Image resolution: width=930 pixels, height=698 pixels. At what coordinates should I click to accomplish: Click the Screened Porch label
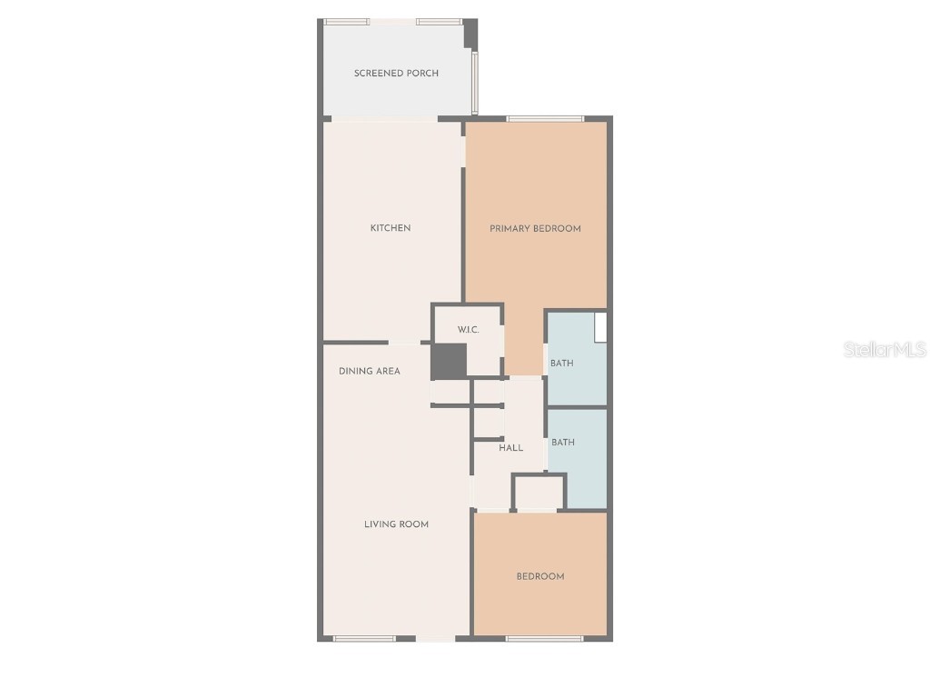tap(396, 73)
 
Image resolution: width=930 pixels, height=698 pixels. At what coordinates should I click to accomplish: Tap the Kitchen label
tap(391, 228)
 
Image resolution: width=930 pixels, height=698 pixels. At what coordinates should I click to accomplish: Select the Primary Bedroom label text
tap(535, 228)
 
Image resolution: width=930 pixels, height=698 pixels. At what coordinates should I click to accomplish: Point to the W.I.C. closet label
tap(468, 330)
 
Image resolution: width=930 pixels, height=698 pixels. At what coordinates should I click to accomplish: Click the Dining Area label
tap(370, 371)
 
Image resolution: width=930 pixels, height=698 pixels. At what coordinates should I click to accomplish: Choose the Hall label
tap(510, 448)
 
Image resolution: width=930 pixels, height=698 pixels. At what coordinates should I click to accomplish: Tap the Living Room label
tap(396, 524)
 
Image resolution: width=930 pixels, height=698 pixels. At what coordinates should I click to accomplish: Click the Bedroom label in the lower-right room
tap(540, 576)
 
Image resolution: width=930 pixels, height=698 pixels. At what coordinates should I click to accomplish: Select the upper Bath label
tap(562, 364)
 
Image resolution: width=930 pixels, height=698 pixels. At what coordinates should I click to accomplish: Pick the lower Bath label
tap(563, 443)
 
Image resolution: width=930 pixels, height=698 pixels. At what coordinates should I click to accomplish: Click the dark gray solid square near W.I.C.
tap(448, 361)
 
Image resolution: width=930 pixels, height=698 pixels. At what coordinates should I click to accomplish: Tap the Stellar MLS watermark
tap(885, 349)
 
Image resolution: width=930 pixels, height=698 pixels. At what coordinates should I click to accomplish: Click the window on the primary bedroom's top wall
tap(545, 118)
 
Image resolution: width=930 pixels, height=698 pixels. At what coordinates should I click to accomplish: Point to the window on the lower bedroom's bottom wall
tap(544, 639)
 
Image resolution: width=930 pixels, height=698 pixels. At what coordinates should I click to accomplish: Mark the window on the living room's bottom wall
tap(364, 639)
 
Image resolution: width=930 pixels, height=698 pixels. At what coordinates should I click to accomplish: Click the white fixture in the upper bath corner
tap(600, 327)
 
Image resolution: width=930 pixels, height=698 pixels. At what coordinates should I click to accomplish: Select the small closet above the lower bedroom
tap(539, 492)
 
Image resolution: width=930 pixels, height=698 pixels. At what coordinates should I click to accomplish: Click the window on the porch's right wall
tap(474, 82)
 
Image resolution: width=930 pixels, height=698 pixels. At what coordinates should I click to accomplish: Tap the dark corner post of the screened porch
tap(470, 34)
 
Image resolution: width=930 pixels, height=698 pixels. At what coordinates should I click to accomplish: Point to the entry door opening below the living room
tap(436, 639)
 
